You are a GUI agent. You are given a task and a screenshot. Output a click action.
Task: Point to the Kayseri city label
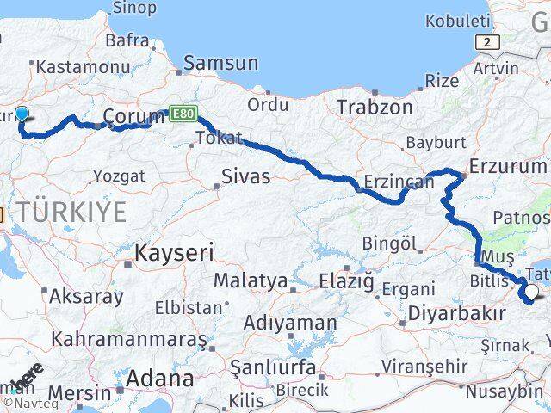[175, 253]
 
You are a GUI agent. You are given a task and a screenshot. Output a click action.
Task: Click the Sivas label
[245, 176]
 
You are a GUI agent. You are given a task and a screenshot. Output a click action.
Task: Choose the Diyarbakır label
[456, 312]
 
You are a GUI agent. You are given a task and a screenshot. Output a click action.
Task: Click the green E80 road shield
[183, 112]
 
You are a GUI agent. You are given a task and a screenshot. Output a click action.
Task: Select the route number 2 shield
[489, 40]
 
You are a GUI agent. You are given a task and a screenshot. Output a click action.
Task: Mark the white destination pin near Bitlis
[531, 293]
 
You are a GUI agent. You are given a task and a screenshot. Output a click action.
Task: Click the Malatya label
[251, 280]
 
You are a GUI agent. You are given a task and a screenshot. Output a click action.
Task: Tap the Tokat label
[220, 138]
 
